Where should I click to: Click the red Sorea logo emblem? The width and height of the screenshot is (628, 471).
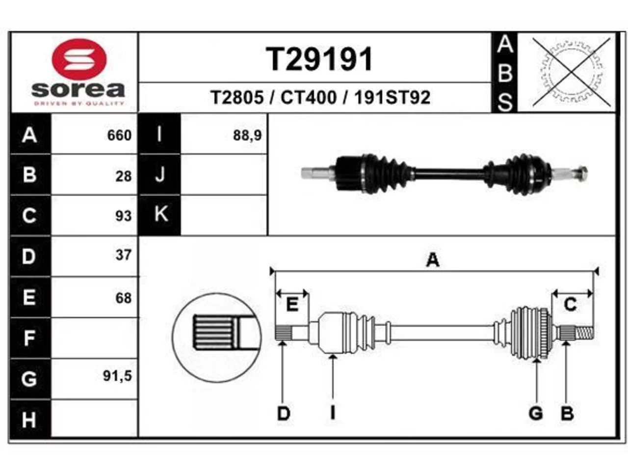pos(79,59)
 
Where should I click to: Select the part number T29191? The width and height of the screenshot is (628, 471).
pos(319,59)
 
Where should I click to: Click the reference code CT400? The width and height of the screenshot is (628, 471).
pos(309,98)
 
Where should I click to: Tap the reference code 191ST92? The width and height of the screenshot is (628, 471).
pos(392,98)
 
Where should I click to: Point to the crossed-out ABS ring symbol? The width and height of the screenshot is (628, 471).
pos(571,72)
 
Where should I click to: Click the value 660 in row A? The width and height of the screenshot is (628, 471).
pos(119,135)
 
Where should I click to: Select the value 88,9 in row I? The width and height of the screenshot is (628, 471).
pos(247,135)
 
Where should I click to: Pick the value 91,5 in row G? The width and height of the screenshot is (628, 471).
pos(117,376)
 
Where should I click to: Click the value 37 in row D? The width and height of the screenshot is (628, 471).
pos(124,255)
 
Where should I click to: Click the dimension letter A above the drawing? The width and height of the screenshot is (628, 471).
pos(433,260)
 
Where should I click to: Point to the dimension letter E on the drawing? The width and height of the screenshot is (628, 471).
pos(292,304)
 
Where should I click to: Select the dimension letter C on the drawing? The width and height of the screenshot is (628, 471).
pos(570,304)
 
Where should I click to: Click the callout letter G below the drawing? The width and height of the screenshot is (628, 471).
pos(536,413)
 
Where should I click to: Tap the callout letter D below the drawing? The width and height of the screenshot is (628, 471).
pos(284,413)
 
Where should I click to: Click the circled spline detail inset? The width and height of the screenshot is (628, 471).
pos(216,338)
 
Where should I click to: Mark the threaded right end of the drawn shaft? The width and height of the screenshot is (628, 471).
pos(584,333)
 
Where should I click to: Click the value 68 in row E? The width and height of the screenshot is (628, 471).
pos(124,298)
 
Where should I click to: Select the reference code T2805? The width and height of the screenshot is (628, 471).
pos(237,98)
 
